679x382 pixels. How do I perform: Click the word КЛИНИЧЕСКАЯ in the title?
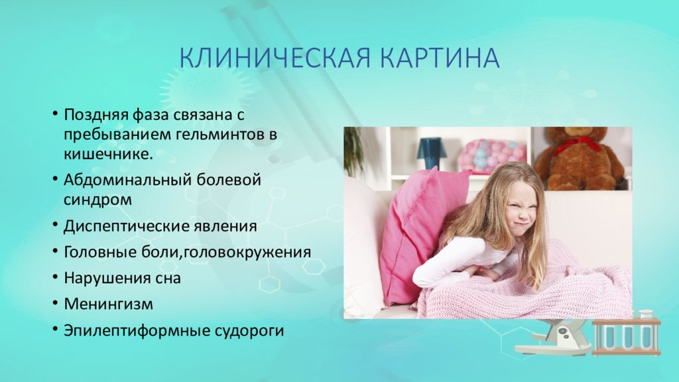pos(275,58)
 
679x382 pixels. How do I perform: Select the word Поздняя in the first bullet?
pos(96,115)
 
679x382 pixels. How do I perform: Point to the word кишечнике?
pos(108,154)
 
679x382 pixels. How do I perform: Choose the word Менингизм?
pos(109,304)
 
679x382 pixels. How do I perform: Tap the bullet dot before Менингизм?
pos(55,303)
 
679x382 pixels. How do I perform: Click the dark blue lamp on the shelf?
pos(431,153)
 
